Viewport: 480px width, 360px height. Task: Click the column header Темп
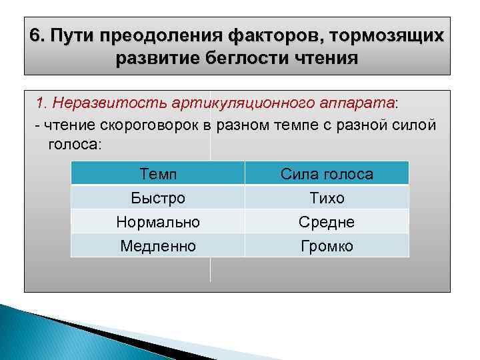coord(158,174)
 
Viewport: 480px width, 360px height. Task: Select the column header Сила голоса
coord(327,174)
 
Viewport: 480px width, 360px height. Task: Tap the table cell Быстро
coord(158,198)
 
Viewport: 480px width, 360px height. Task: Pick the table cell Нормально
coord(158,221)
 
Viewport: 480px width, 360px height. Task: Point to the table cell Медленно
coord(158,246)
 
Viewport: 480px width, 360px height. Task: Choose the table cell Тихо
coord(327,198)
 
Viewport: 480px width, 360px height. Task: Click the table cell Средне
coord(327,221)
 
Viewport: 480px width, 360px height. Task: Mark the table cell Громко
coord(327,246)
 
